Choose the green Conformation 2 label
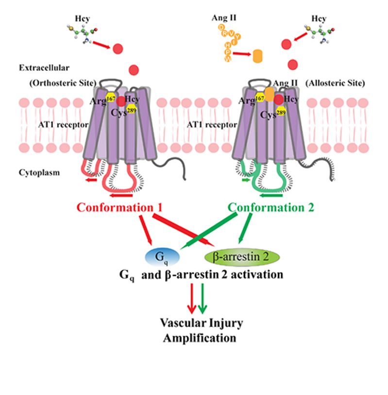pyautogui.click(x=271, y=208)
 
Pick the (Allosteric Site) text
pyautogui.click(x=335, y=83)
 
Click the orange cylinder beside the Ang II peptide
pyautogui.click(x=261, y=55)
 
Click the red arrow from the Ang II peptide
pyautogui.click(x=242, y=54)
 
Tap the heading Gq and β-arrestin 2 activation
pyautogui.click(x=201, y=275)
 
